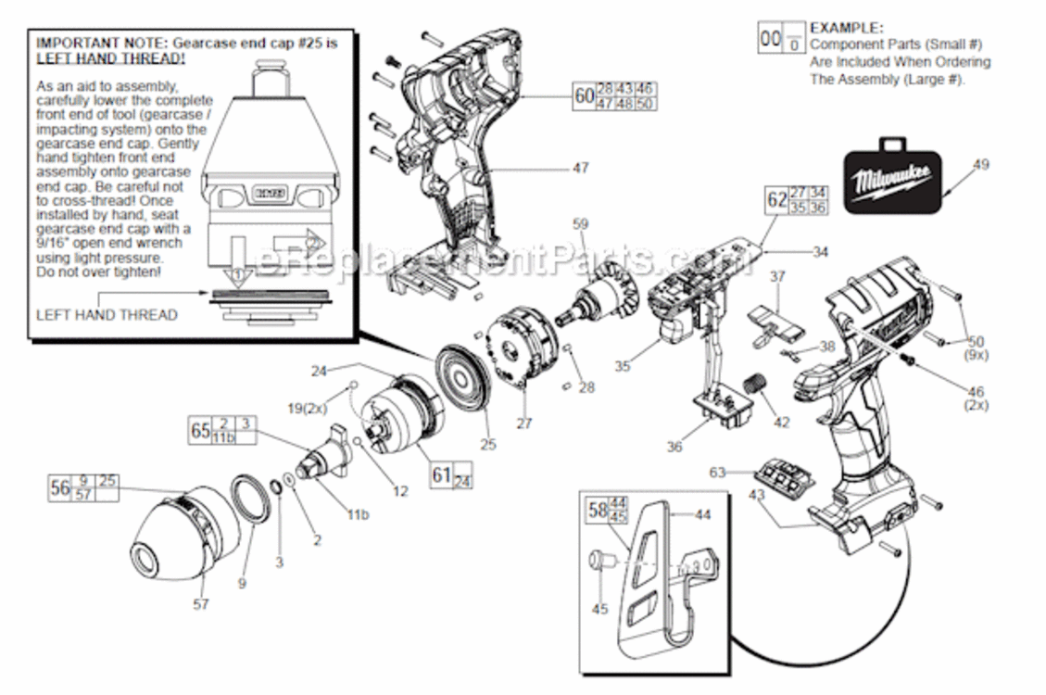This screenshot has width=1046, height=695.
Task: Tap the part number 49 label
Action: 981,165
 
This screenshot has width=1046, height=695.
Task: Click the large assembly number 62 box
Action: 776,199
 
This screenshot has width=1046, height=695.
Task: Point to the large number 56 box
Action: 61,488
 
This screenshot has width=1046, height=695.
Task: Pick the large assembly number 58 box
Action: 599,509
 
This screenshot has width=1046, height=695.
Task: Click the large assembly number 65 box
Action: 200,431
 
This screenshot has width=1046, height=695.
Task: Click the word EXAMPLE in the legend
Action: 847,29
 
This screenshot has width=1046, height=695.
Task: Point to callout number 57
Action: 201,604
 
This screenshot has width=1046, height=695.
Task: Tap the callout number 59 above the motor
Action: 581,223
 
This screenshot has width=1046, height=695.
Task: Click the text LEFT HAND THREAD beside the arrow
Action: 106,314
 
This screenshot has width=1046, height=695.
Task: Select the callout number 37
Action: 777,275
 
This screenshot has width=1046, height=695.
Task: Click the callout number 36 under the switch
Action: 674,447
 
